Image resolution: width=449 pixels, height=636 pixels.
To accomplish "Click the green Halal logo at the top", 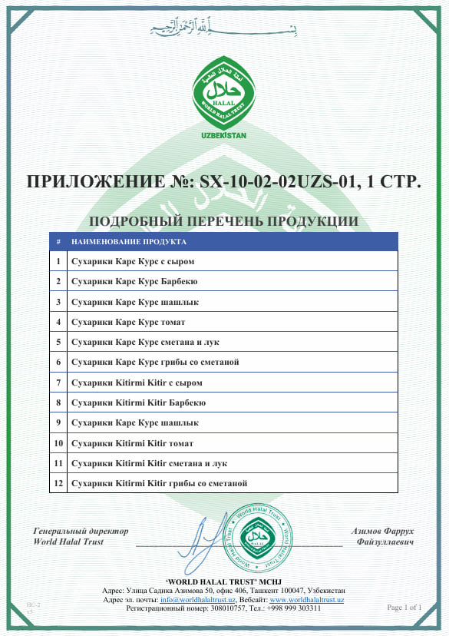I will pyautogui.click(x=223, y=95).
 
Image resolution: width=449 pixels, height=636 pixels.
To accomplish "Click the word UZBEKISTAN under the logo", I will pyautogui.click(x=223, y=135).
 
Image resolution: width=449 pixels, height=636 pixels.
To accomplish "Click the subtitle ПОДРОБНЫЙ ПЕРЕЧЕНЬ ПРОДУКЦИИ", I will pyautogui.click(x=223, y=222).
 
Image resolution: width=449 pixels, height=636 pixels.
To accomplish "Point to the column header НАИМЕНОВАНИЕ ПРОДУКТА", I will pyautogui.click(x=128, y=241).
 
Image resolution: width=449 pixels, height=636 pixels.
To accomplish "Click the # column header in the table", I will pyautogui.click(x=58, y=241).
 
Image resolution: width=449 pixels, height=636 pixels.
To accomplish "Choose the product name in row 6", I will pyautogui.click(x=156, y=362).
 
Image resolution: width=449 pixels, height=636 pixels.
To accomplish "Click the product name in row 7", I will pyautogui.click(x=137, y=382).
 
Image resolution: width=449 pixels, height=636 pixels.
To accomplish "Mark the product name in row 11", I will pyautogui.click(x=149, y=463).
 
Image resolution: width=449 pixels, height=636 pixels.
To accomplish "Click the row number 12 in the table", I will pyautogui.click(x=58, y=483).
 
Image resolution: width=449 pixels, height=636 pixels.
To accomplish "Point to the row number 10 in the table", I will pyautogui.click(x=58, y=443).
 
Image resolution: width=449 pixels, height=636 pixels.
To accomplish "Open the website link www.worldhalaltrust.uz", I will pyautogui.click(x=306, y=599).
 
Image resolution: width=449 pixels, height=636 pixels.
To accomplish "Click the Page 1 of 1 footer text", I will pyautogui.click(x=404, y=608).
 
